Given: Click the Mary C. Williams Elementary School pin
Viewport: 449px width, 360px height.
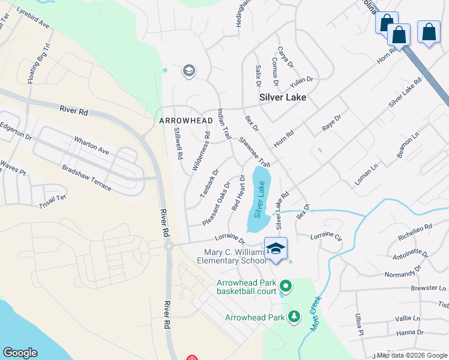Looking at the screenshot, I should pos(276,249).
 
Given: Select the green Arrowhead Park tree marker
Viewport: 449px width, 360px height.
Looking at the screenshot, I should pos(294,316).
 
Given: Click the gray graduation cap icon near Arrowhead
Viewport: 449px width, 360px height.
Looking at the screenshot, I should pos(188,71).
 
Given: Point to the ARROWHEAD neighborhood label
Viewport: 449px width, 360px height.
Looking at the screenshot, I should pos(186,121).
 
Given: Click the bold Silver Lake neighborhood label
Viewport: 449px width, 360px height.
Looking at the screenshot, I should pos(282,97).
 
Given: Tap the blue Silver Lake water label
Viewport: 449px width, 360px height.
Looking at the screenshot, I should pos(259,200).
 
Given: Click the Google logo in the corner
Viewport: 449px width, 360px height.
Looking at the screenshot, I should pos(20,353).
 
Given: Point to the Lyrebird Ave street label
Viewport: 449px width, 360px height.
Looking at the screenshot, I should pos(32,18).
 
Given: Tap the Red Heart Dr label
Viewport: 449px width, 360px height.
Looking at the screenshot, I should pos(238,193).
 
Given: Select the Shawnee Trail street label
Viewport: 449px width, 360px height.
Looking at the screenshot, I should pos(255,152).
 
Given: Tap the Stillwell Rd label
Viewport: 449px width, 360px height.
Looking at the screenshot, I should pos(178,143).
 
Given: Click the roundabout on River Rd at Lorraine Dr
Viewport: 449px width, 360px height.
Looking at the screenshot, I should pos(169,245).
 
